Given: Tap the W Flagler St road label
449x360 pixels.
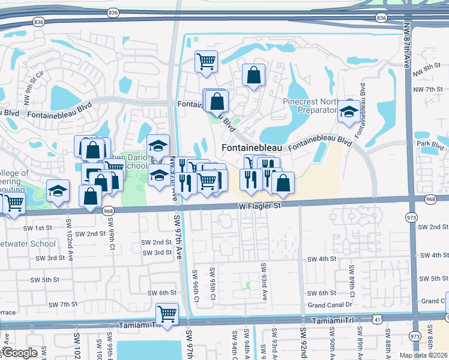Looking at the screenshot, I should pyautogui.click(x=259, y=206).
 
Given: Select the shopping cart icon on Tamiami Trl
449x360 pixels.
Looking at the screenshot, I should pyautogui.click(x=167, y=313).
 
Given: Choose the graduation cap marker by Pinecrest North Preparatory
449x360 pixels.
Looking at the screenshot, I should pyautogui.click(x=348, y=112).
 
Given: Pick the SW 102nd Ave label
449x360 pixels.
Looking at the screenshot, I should pyautogui.click(x=71, y=246).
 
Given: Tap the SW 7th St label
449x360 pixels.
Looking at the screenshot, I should pyautogui.click(x=63, y=304).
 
